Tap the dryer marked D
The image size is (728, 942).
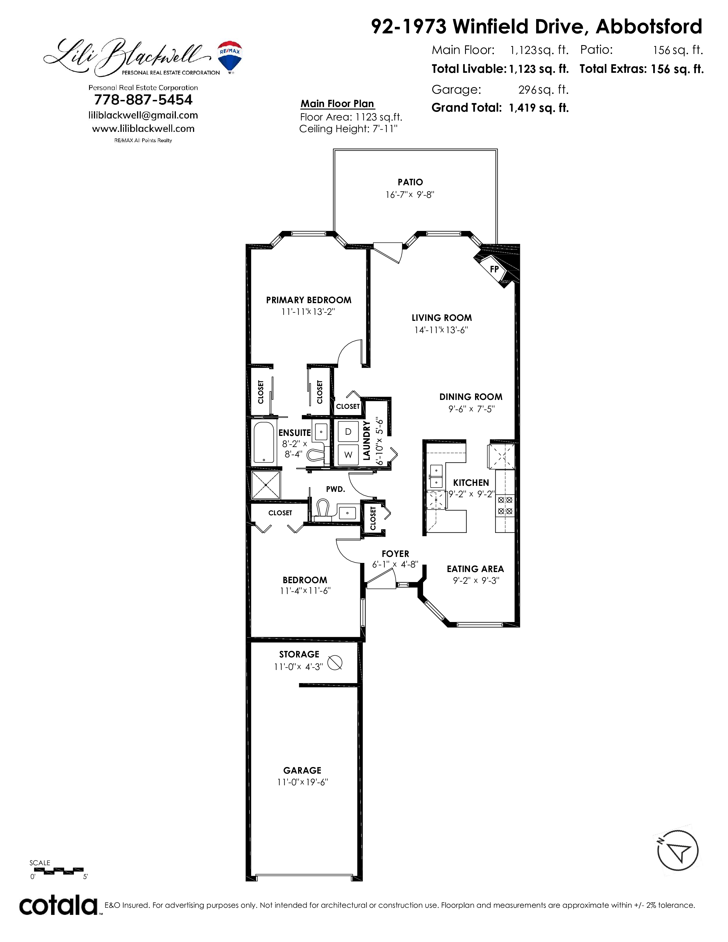pyautogui.click(x=348, y=432)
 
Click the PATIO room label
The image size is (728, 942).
pyautogui.click(x=410, y=182)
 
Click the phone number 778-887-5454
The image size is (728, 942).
pyautogui.click(x=143, y=100)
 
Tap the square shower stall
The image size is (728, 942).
pyautogui.click(x=266, y=485)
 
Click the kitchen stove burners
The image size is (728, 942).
pyautogui.click(x=505, y=506)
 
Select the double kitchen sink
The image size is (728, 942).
pyautogui.click(x=436, y=475)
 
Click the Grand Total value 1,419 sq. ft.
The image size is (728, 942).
pyautogui.click(x=539, y=108)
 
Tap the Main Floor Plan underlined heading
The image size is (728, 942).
pyautogui.click(x=337, y=104)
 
